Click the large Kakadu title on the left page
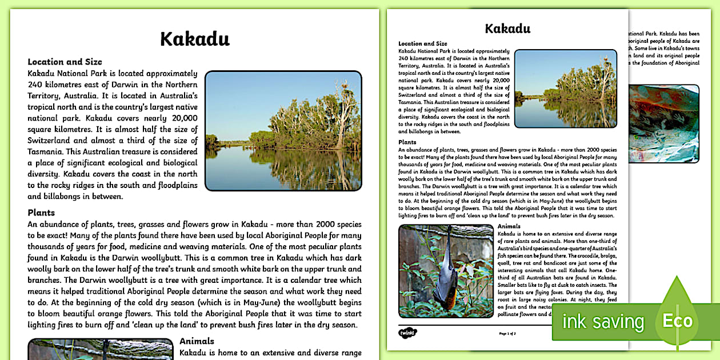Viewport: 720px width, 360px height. [195, 39]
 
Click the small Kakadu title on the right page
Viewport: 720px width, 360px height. [507, 29]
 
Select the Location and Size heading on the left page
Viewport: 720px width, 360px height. [65, 62]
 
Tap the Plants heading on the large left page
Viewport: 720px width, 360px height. [41, 213]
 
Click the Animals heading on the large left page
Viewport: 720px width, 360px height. [197, 341]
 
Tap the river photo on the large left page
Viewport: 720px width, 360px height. [283, 130]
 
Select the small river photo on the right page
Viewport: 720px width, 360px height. [565, 89]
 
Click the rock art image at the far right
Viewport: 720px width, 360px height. [663, 123]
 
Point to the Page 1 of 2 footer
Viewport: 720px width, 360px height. [507, 333]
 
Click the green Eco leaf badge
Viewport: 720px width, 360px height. [677, 318]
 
